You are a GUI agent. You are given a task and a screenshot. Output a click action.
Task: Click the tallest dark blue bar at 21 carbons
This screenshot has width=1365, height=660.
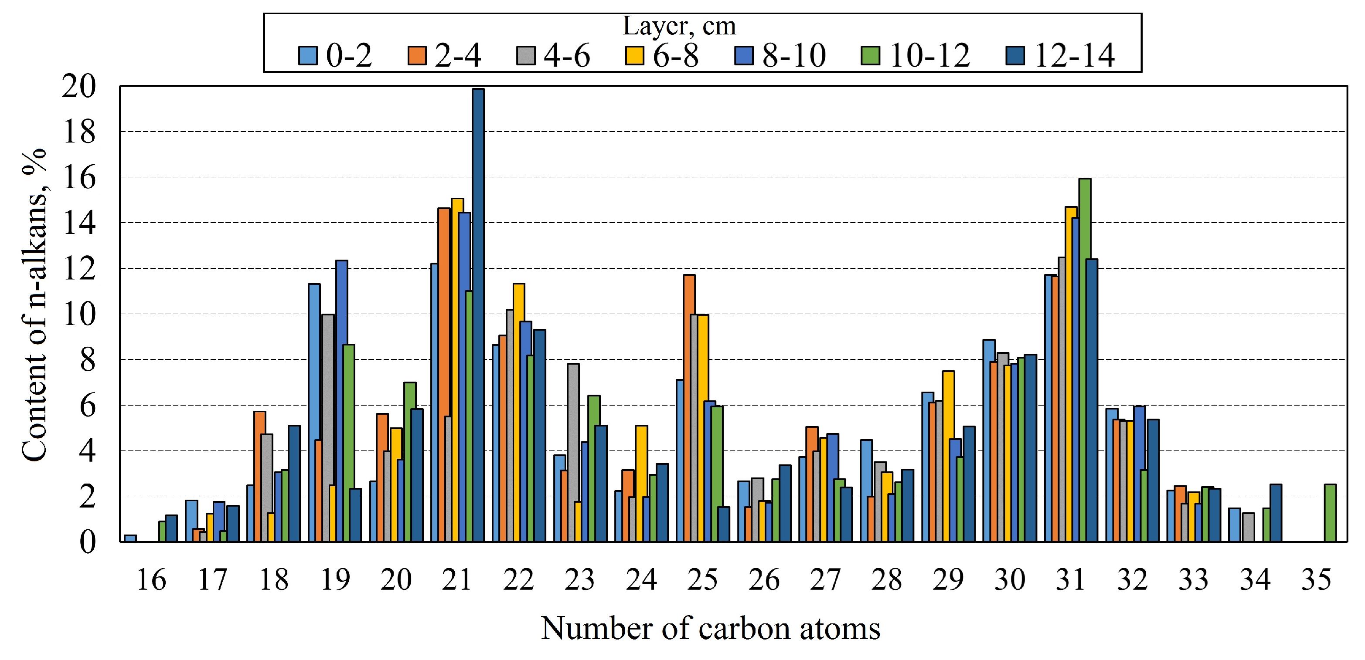click(478, 315)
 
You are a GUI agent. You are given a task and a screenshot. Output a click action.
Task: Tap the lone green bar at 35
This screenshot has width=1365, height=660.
click(1330, 513)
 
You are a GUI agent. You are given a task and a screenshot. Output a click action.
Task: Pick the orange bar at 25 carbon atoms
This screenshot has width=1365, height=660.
click(689, 408)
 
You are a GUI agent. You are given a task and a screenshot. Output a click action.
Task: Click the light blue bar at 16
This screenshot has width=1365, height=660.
click(130, 538)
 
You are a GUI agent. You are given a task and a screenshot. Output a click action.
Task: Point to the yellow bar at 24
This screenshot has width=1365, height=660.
click(641, 483)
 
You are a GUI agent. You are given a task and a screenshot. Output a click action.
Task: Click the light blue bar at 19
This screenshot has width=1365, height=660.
click(314, 413)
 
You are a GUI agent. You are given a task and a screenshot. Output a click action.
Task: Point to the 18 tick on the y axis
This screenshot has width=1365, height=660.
click(79, 132)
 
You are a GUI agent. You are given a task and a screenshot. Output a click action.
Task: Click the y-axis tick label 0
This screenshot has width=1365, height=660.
click(88, 542)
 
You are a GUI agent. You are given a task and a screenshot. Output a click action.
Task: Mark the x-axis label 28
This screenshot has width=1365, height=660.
click(886, 580)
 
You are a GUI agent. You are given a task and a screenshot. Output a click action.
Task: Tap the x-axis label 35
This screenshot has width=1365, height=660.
click(1316, 580)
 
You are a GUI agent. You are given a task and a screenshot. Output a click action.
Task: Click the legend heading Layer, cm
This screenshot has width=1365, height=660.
click(679, 27)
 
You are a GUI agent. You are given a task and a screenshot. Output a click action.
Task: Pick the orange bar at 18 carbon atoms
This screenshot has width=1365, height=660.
click(260, 476)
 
